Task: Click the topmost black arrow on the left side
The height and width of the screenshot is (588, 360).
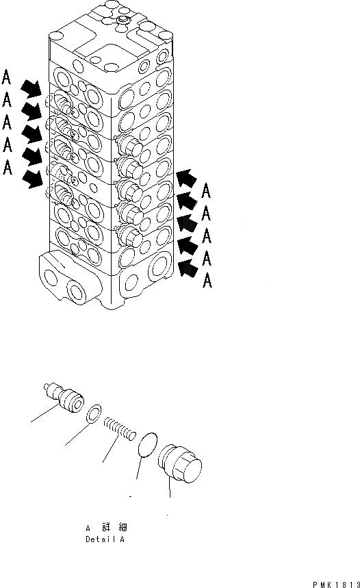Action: click(x=30, y=88)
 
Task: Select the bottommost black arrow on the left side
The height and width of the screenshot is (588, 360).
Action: click(x=30, y=179)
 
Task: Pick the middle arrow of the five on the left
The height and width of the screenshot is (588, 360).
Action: click(x=30, y=133)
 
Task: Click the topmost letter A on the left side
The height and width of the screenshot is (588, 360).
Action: click(x=7, y=76)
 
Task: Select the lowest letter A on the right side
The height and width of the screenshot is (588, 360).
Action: click(x=206, y=281)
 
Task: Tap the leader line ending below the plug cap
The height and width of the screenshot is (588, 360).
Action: click(x=169, y=496)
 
